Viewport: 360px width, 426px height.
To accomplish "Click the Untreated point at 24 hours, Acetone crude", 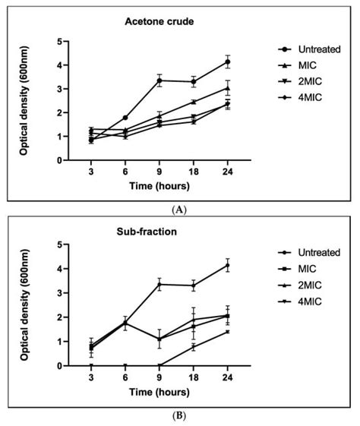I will click(227, 62).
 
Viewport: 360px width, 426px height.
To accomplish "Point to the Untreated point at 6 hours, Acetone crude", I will click(125, 118).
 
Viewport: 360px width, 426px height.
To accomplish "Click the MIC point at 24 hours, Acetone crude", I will click(227, 88).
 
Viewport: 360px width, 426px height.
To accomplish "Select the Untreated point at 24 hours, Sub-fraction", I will click(227, 265).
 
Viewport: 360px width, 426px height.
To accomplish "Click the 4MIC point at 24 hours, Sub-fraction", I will click(227, 332).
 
